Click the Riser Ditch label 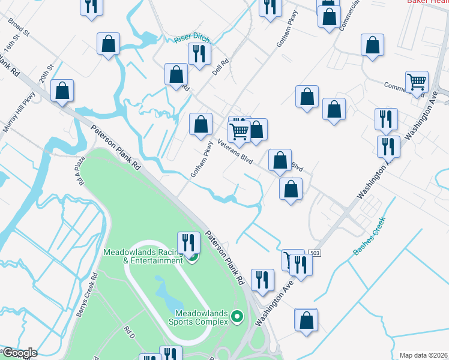pos(192,38)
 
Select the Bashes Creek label pos(369,236)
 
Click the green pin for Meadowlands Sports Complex pos(238,316)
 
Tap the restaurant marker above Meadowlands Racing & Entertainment pos(189,242)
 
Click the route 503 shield pos(315,254)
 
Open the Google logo pos(19,353)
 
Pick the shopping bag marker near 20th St pos(62,91)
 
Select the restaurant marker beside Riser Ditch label pos(199,54)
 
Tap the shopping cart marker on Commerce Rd pos(417,82)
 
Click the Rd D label pos(128,329)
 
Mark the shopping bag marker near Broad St pos(108,43)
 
